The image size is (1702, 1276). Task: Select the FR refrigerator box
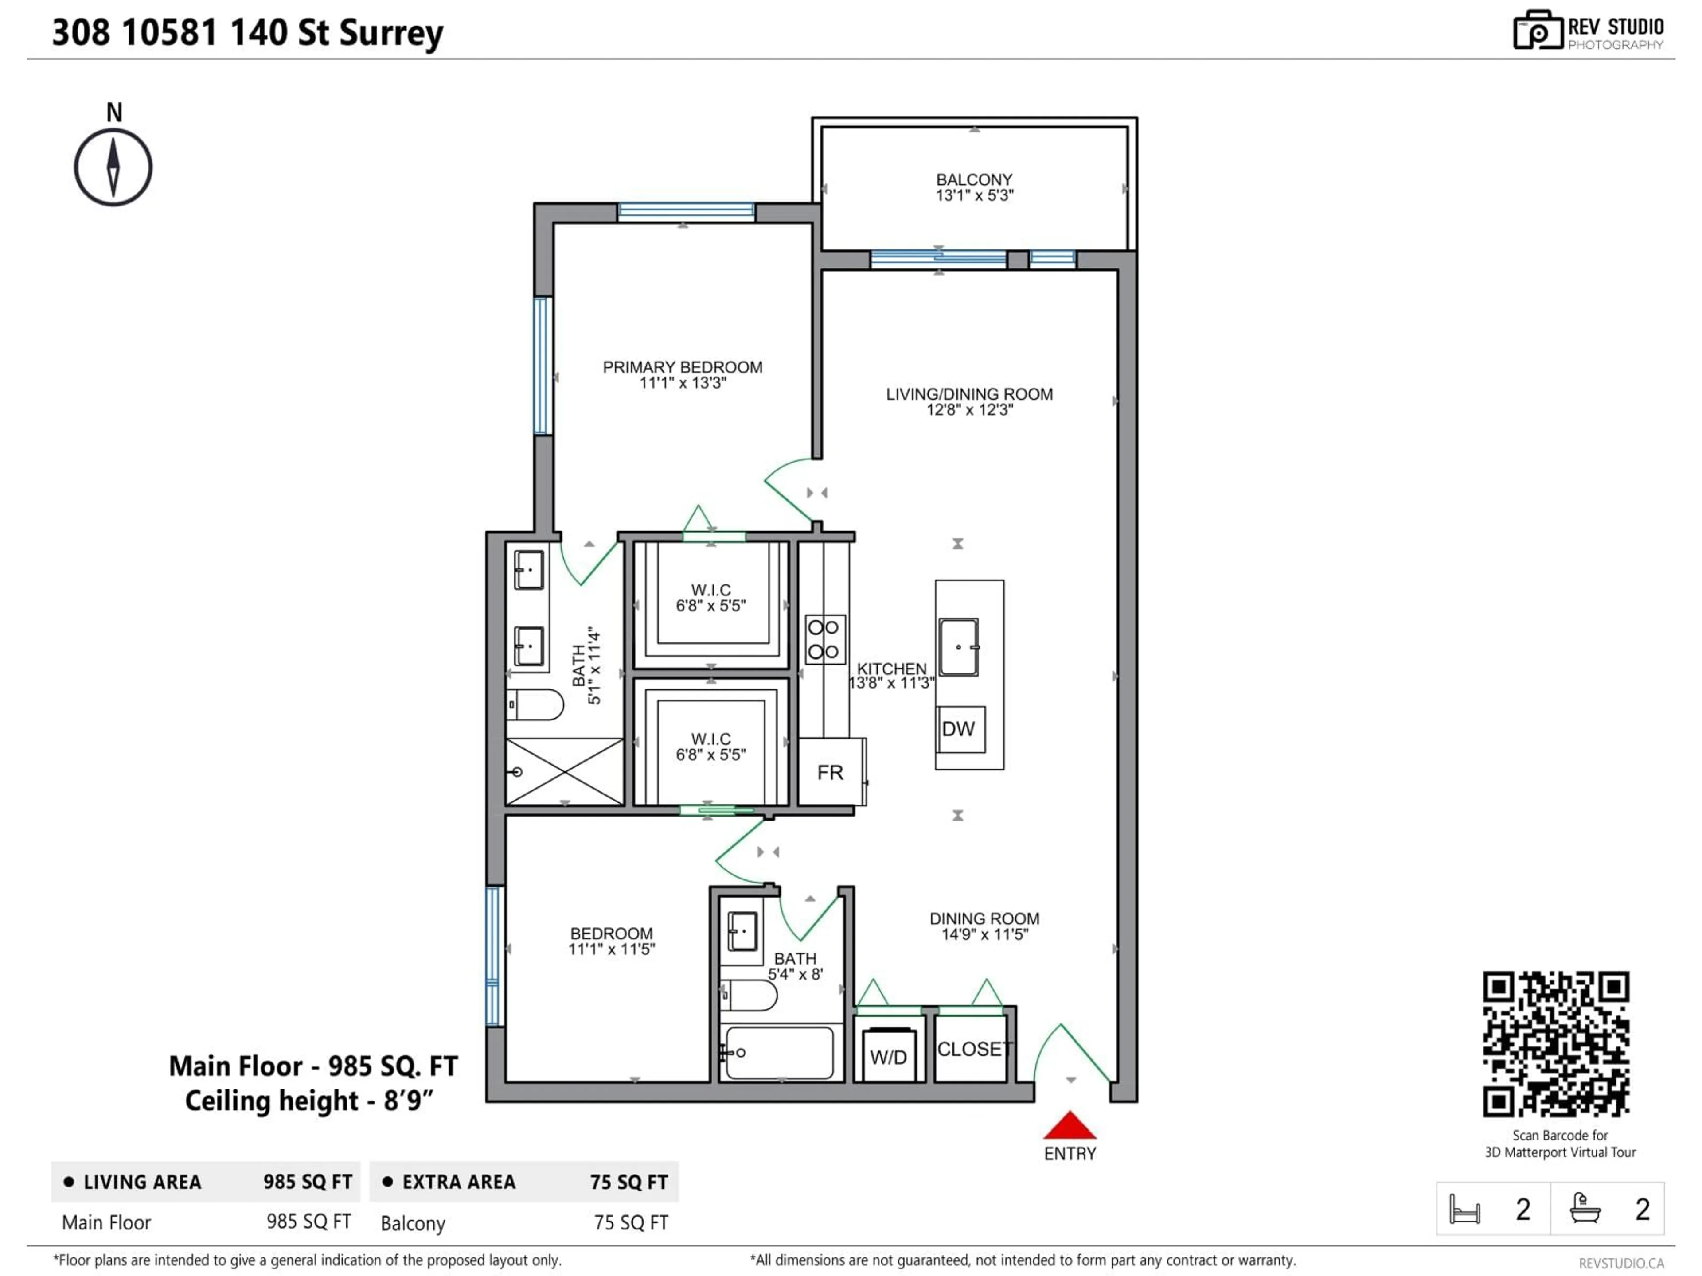pyautogui.click(x=830, y=772)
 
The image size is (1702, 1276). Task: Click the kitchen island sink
pyautogui.click(x=959, y=647)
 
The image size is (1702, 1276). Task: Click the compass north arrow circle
pyautogui.click(x=113, y=167)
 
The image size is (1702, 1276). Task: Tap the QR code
pyautogui.click(x=1556, y=1044)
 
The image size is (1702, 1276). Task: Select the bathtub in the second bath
pyautogui.click(x=779, y=1052)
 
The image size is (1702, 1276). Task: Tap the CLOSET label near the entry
pyautogui.click(x=971, y=1049)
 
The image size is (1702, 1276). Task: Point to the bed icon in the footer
pyautogui.click(x=1464, y=1209)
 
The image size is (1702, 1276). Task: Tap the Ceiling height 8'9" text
pyautogui.click(x=309, y=1101)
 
